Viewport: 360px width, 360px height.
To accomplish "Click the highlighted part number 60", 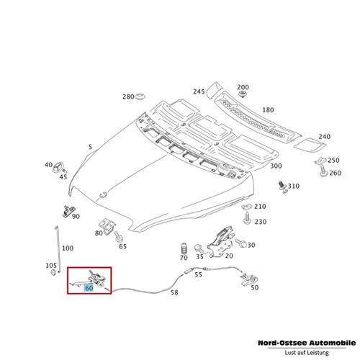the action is (x=89, y=288).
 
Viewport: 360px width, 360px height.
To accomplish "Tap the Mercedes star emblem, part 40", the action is (x=58, y=167).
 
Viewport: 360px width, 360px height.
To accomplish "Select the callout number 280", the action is (x=128, y=96).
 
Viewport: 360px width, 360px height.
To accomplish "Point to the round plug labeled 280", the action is (x=140, y=97).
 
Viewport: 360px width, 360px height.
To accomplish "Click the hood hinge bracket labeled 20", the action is (x=221, y=242).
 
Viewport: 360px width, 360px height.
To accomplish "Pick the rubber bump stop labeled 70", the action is (x=184, y=249).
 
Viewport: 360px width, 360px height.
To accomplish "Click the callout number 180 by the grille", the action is (x=268, y=110).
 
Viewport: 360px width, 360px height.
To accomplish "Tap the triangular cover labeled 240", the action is (x=310, y=145).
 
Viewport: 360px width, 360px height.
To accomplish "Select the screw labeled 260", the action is (x=324, y=171).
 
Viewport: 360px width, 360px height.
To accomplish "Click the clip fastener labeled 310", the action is (x=283, y=187).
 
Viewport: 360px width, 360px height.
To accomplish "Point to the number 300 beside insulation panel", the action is (x=276, y=166).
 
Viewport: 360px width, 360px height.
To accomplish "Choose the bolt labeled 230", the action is (x=247, y=218).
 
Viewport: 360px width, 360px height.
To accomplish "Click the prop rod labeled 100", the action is (x=58, y=249).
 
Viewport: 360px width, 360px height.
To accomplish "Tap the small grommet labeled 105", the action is (x=53, y=272).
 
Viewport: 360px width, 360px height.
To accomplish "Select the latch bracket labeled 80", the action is (x=107, y=227).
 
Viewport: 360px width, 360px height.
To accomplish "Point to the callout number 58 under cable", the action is (x=174, y=292).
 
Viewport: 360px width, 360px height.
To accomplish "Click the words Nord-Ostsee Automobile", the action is (x=307, y=343).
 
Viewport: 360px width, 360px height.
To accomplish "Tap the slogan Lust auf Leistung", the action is (x=307, y=353).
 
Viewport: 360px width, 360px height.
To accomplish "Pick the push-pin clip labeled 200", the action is (x=243, y=94).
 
